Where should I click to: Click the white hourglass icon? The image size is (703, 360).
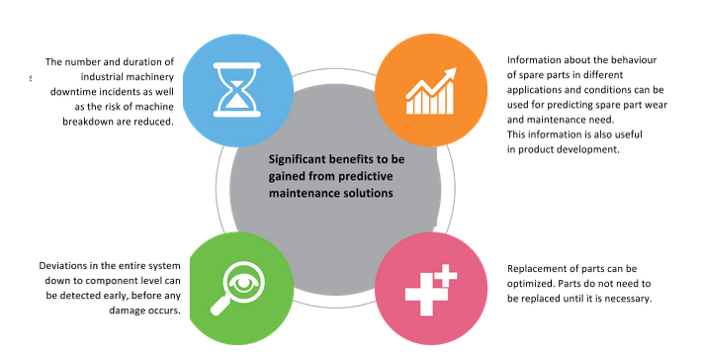[236, 90]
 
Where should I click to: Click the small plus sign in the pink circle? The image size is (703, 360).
[445, 275]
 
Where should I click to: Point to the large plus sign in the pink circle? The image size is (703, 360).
[420, 294]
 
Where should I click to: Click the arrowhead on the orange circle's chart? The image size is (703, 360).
[450, 74]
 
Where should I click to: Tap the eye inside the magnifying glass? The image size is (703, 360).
[243, 283]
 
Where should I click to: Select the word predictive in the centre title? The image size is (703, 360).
[366, 176]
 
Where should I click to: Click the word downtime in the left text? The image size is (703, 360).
[71, 92]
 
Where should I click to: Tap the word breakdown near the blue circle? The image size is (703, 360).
[86, 122]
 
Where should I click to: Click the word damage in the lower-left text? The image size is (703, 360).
[126, 311]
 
